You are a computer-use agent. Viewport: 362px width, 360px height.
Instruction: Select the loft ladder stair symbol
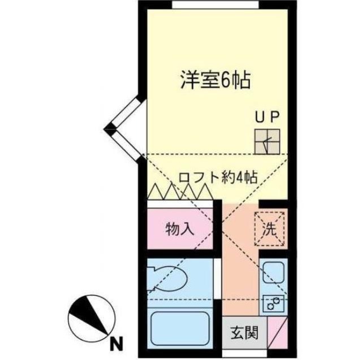pyautogui.click(x=266, y=141)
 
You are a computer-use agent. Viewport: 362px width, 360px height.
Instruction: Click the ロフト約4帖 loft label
pyautogui.click(x=218, y=177)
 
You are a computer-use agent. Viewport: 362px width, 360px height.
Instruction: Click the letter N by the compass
pyautogui.click(x=117, y=342)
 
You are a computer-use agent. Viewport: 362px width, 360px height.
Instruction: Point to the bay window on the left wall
pyautogui.click(x=124, y=129)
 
